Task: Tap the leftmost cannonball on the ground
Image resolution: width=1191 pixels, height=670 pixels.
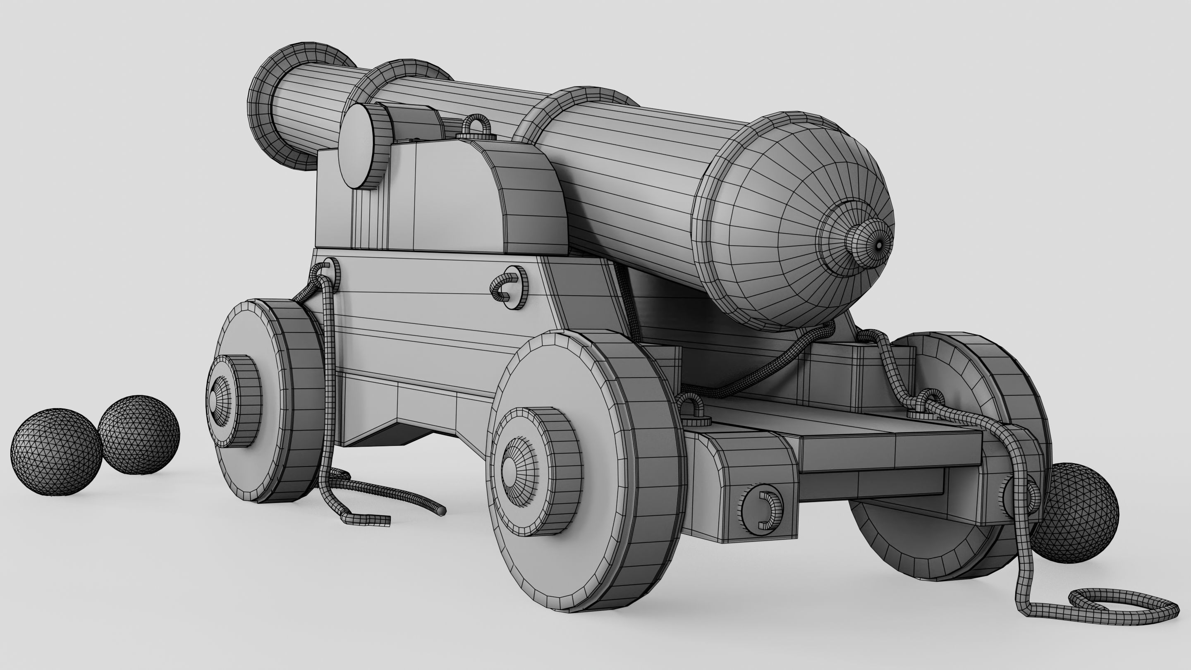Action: pos(55,452)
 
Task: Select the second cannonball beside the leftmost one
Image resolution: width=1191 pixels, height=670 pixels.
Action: pos(139,434)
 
